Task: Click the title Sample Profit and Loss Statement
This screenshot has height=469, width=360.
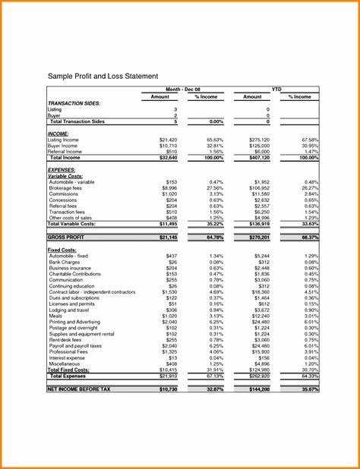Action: pyautogui.click(x=103, y=77)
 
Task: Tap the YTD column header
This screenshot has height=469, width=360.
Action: pyautogui.click(x=276, y=90)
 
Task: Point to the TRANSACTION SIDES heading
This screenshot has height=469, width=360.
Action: pyautogui.click(x=74, y=102)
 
